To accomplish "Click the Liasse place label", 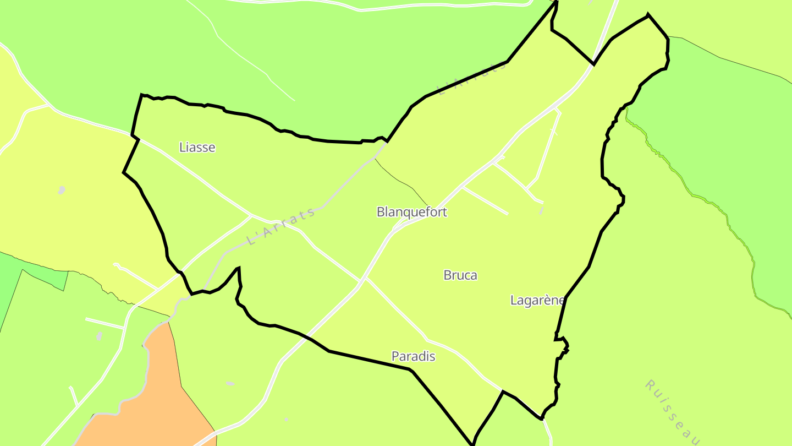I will (197, 147).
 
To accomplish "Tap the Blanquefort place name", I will (412, 212).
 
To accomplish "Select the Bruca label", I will (460, 275).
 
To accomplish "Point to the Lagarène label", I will (537, 300).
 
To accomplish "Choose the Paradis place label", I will (413, 356).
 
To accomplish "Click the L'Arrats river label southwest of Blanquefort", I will (280, 226).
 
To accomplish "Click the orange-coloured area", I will (154, 396).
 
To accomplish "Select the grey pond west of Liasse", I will (61, 190).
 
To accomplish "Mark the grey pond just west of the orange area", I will (99, 335).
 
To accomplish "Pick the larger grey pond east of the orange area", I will (230, 383).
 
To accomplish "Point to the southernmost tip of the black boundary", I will (472, 444).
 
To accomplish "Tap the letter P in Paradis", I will (395, 356).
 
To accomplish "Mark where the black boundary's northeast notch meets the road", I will (593, 64).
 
